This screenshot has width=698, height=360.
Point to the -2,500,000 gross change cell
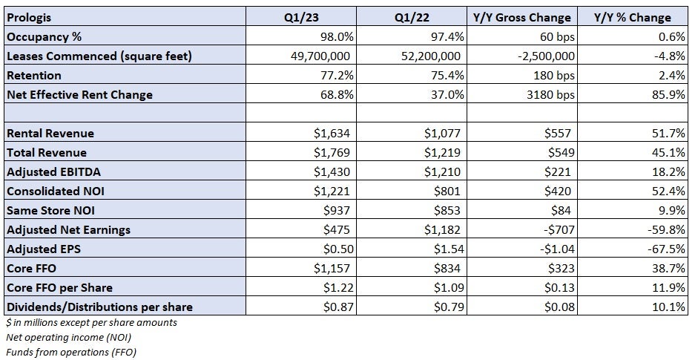click(x=541, y=56)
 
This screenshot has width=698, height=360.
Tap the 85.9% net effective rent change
click(x=667, y=94)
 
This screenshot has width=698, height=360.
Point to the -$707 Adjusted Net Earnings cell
click(x=554, y=230)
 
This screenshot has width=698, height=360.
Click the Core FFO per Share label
click(x=60, y=288)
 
